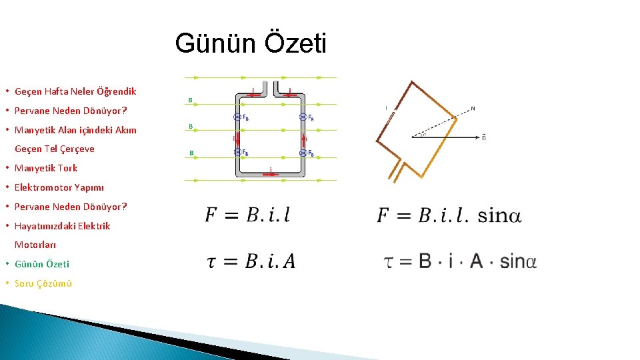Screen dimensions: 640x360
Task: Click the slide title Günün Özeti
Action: point(251,45)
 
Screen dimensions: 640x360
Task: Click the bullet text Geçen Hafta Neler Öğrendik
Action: point(75,91)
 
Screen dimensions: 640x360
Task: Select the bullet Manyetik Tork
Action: point(46,168)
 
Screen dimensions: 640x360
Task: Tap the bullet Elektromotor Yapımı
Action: point(59,187)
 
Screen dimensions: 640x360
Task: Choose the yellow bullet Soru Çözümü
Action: point(43,283)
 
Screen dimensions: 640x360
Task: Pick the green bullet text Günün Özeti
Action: point(42,264)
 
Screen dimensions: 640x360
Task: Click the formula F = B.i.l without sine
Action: point(247,215)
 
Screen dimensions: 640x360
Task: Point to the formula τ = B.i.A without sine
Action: point(251,261)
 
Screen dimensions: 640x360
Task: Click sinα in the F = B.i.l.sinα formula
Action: point(499,215)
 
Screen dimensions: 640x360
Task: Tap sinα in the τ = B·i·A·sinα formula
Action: point(518,261)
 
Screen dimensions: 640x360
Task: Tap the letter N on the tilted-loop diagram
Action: point(473,108)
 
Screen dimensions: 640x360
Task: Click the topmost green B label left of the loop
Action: point(191,101)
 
